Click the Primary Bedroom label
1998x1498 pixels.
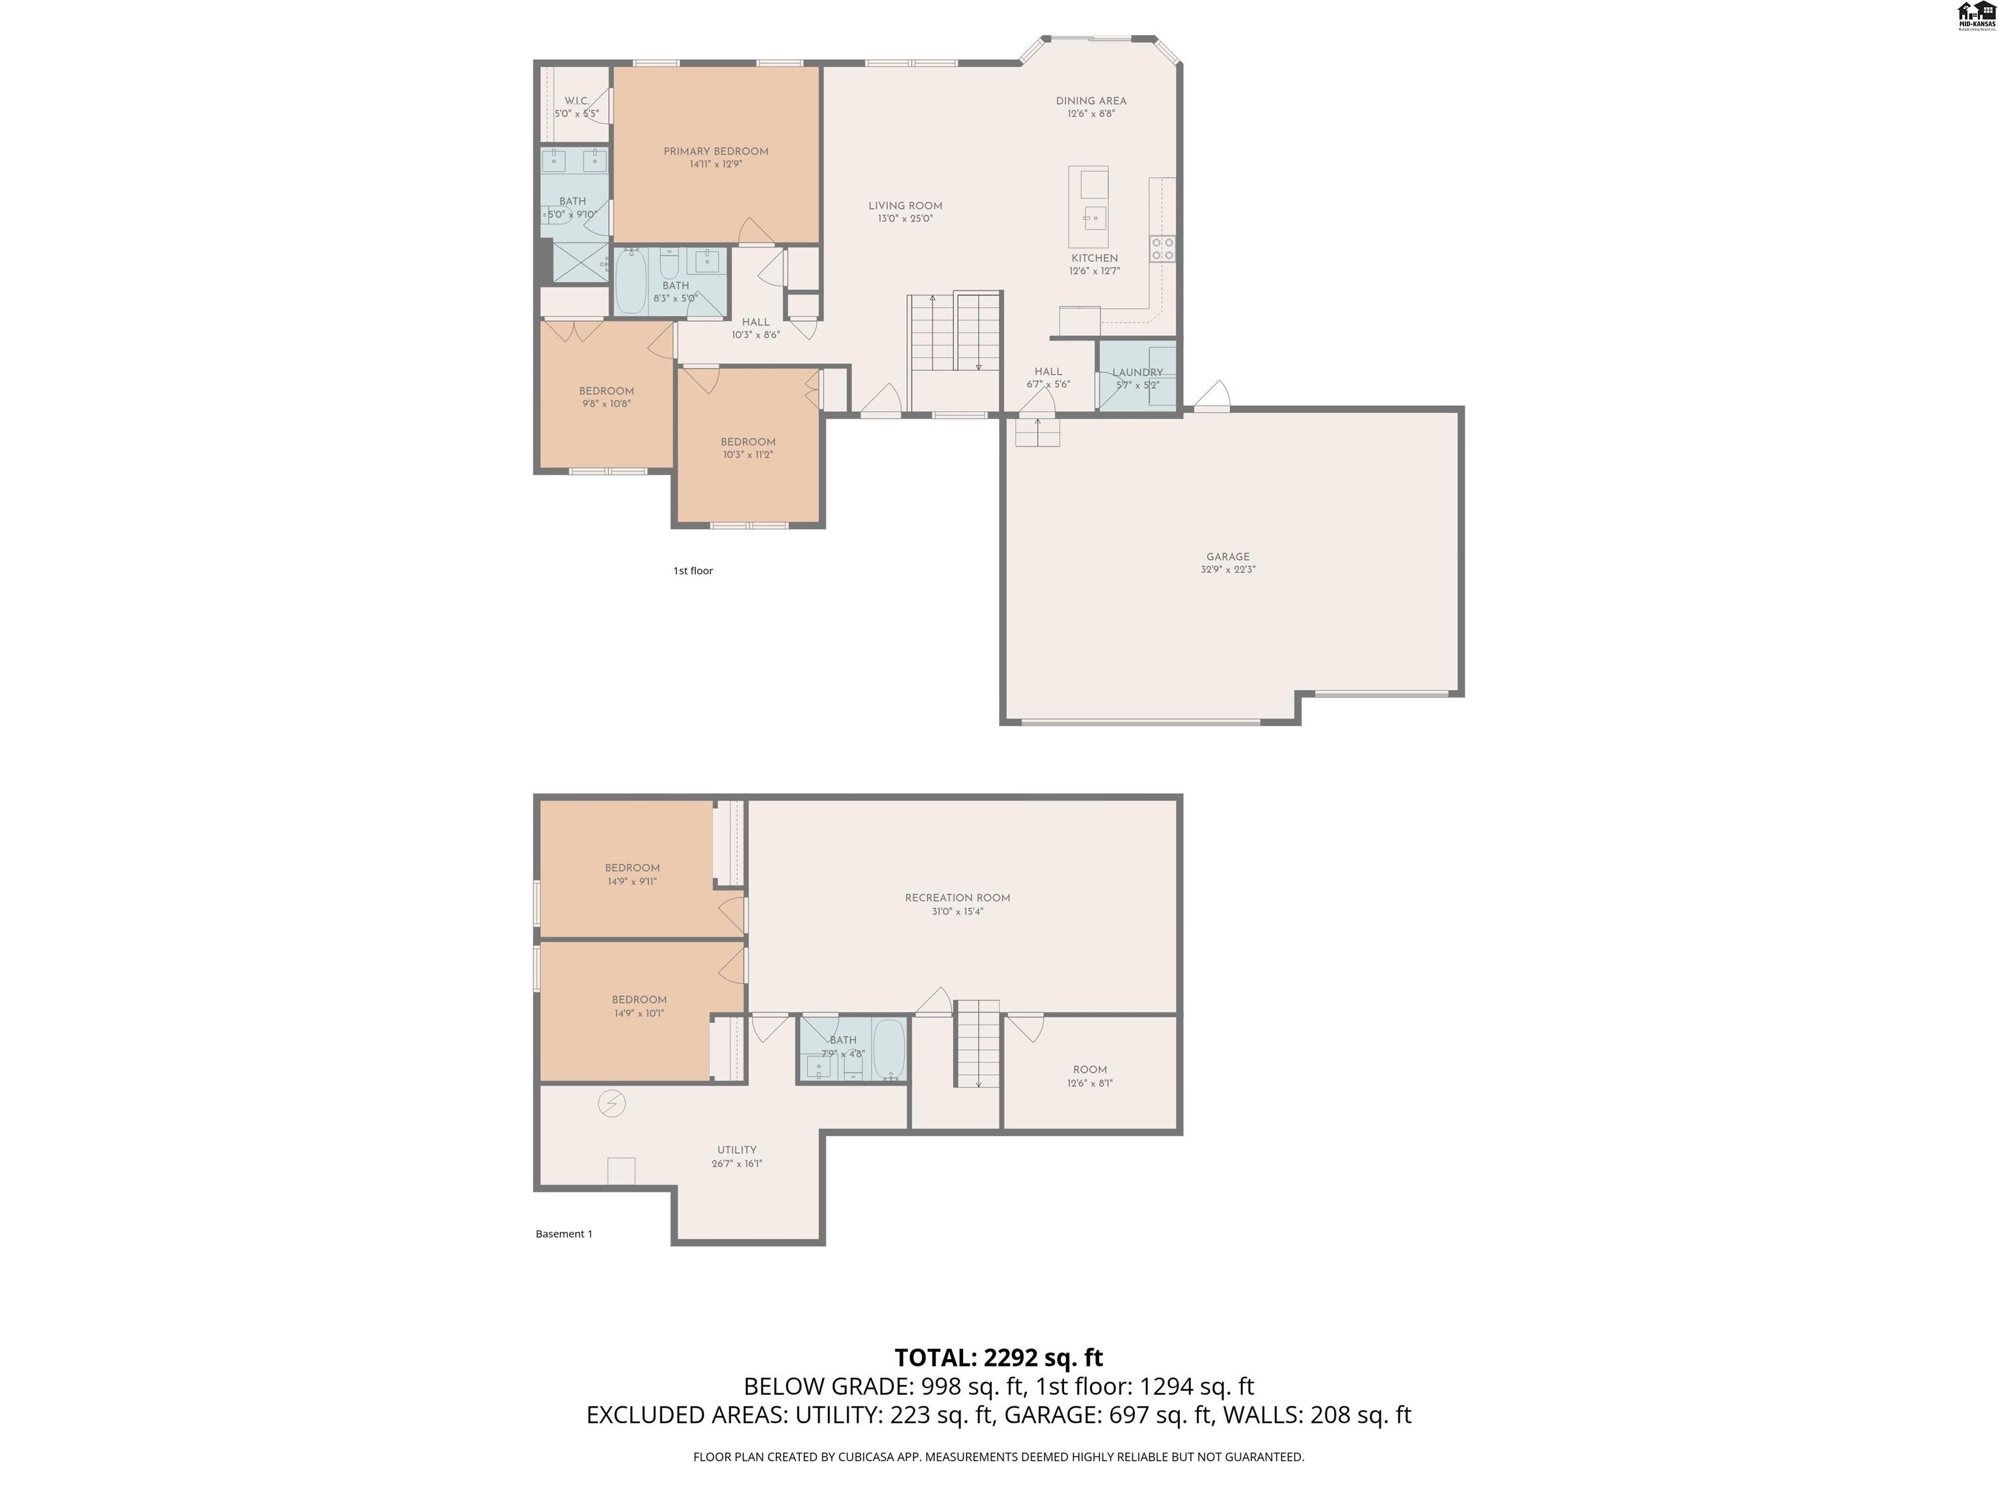tap(715, 151)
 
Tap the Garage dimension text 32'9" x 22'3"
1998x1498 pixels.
tap(1227, 570)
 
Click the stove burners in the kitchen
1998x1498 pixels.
tap(1162, 248)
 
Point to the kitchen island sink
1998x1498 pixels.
tap(1095, 218)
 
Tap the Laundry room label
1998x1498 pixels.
tap(1137, 372)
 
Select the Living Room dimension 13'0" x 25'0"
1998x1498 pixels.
tap(905, 218)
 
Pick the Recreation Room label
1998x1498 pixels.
tap(957, 897)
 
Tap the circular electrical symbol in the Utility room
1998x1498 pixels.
tap(611, 1103)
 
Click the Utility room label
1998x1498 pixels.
tap(737, 1150)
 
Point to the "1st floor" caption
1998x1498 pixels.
tap(693, 571)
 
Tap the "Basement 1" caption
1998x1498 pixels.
tap(564, 1233)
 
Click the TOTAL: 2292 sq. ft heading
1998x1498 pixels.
tap(998, 1357)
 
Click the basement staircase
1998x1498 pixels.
tap(978, 1043)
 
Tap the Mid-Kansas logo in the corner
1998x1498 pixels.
tap(1975, 16)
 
